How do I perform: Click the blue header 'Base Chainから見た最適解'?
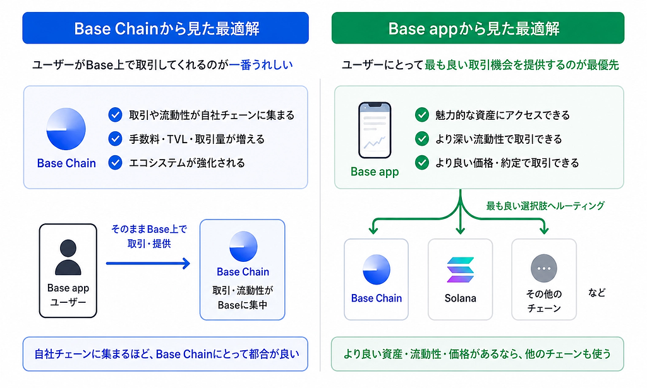point(166,28)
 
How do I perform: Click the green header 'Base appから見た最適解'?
point(478,28)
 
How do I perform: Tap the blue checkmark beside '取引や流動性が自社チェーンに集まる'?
point(115,115)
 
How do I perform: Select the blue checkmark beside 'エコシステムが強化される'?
point(115,163)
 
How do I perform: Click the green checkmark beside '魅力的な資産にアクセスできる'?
point(421,115)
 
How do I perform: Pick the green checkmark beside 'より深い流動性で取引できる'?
point(421,139)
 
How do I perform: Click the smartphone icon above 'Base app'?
point(375,130)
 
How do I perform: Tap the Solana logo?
point(461,270)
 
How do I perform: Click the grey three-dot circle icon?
point(544,268)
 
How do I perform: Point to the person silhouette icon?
point(68,257)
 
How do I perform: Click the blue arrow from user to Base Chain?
point(148,263)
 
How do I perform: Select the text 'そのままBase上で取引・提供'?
point(149,237)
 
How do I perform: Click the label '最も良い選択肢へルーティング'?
point(545,206)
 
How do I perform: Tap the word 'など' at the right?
point(596,293)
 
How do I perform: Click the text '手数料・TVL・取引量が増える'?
point(197,139)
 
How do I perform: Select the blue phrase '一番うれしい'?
point(261,64)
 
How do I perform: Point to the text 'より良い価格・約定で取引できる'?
point(507,163)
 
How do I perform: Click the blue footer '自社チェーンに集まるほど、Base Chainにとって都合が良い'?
point(166,354)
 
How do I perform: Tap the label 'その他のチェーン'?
point(544,301)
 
